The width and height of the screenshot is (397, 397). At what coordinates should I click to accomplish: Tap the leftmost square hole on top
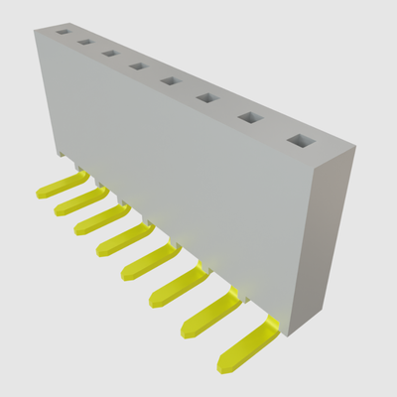pyautogui.click(x=64, y=33)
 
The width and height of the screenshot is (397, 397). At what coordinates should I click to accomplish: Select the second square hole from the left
pyautogui.click(x=85, y=43)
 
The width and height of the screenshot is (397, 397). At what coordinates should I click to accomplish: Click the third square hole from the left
pyautogui.click(x=110, y=54)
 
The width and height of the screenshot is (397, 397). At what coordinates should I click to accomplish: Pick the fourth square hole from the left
pyautogui.click(x=137, y=66)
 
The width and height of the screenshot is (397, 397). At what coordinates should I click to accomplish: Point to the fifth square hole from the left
pyautogui.click(x=169, y=80)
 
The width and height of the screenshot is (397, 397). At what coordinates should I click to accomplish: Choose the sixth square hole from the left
pyautogui.click(x=205, y=97)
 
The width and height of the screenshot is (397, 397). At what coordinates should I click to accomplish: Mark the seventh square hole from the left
pyautogui.click(x=247, y=117)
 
